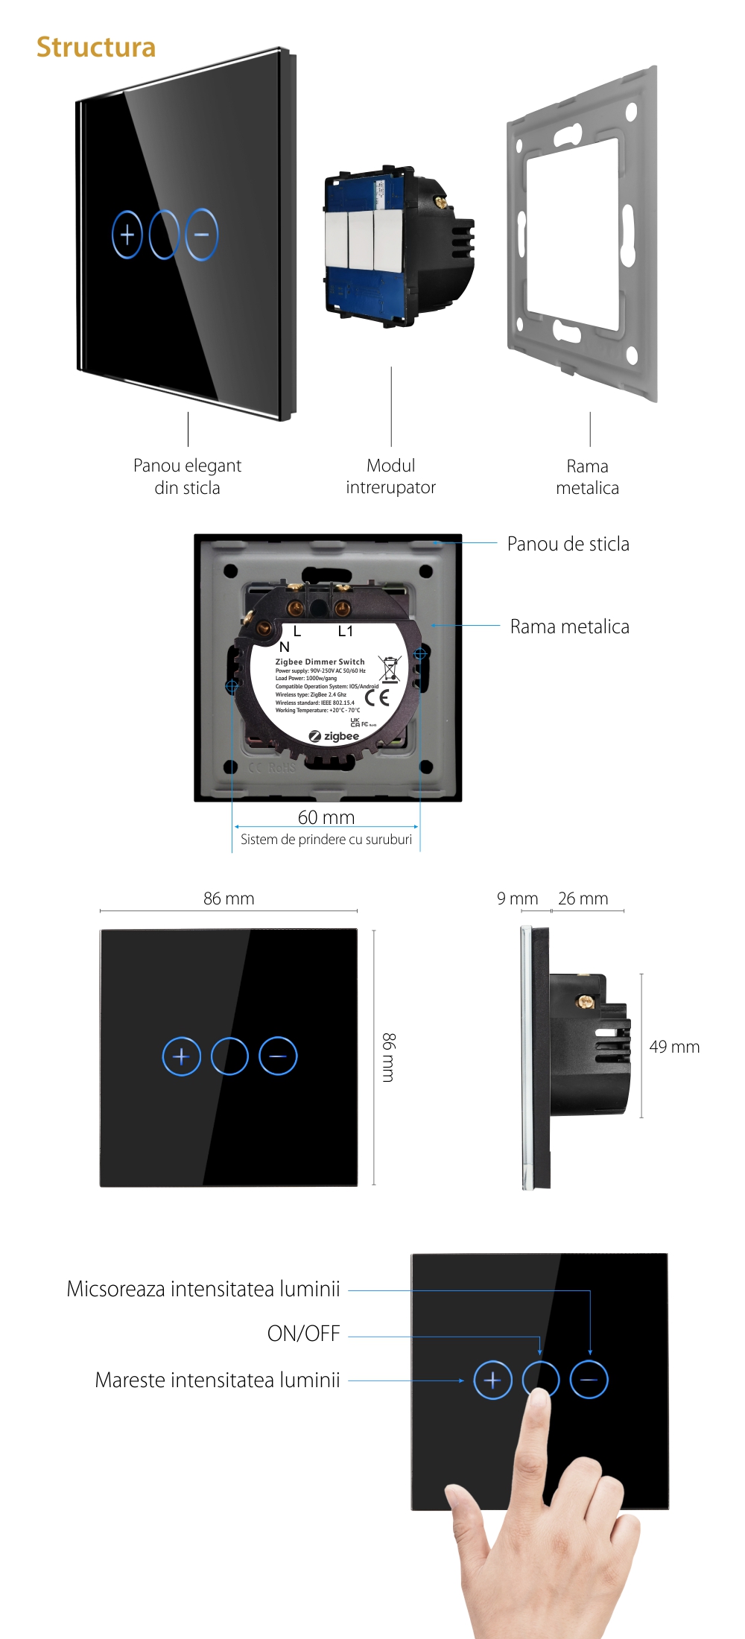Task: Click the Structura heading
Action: pos(96,47)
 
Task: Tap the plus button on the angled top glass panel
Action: pos(127,235)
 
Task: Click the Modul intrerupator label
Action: pos(390,476)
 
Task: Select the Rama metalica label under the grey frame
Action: pos(587,477)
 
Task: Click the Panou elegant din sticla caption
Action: pos(187,476)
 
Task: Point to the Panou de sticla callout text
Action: pos(568,544)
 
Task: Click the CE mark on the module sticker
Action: pos(377,697)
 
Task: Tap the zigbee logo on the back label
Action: pos(335,736)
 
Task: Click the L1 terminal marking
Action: pos(345,631)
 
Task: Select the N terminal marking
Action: pos(285,647)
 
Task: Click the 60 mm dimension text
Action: pos(326,817)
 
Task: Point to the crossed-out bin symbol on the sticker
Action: pos(389,669)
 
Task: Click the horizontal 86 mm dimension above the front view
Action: pos(229,898)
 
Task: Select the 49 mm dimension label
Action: pos(674,1047)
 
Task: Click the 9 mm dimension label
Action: pos(517,898)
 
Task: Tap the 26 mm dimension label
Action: pos(583,898)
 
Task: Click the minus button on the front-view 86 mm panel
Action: pos(278,1056)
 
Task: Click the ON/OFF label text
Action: pos(303,1334)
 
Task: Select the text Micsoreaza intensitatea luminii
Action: pos(203,1289)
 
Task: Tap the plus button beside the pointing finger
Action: pos(492,1380)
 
